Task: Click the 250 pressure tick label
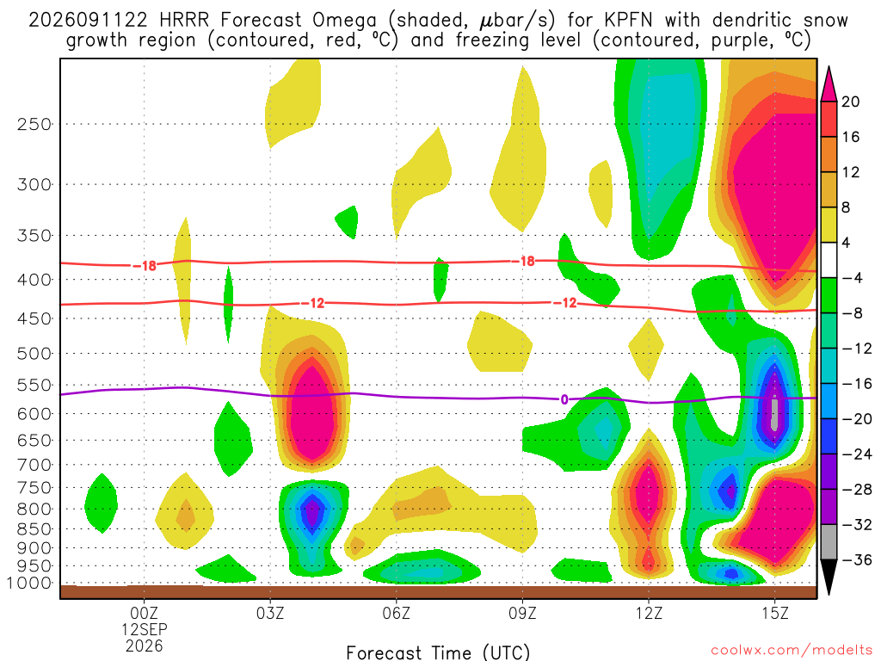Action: point(34,124)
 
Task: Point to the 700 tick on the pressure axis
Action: point(34,465)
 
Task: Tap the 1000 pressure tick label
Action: point(29,583)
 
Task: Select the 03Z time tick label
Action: point(270,613)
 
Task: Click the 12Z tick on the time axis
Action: point(649,613)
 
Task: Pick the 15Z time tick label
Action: point(775,613)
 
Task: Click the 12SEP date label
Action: point(145,629)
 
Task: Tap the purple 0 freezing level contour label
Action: point(564,399)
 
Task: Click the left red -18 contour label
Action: point(145,266)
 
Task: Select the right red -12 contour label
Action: point(565,303)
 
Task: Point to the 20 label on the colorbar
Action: point(850,102)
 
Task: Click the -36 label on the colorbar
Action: point(856,559)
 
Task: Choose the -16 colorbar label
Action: point(856,384)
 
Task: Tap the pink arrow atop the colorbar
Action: point(829,84)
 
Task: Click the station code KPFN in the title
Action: point(628,21)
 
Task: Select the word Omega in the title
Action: point(344,21)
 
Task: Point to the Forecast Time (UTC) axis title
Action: point(438,652)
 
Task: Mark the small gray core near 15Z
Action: point(775,413)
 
